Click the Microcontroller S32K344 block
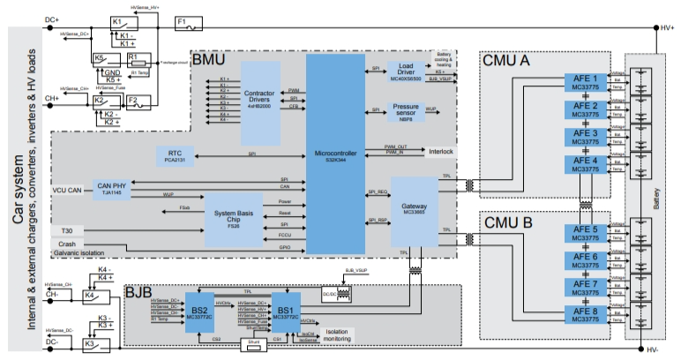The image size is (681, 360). click(334, 155)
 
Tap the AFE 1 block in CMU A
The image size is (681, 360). click(584, 84)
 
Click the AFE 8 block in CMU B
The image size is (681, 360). click(584, 315)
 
